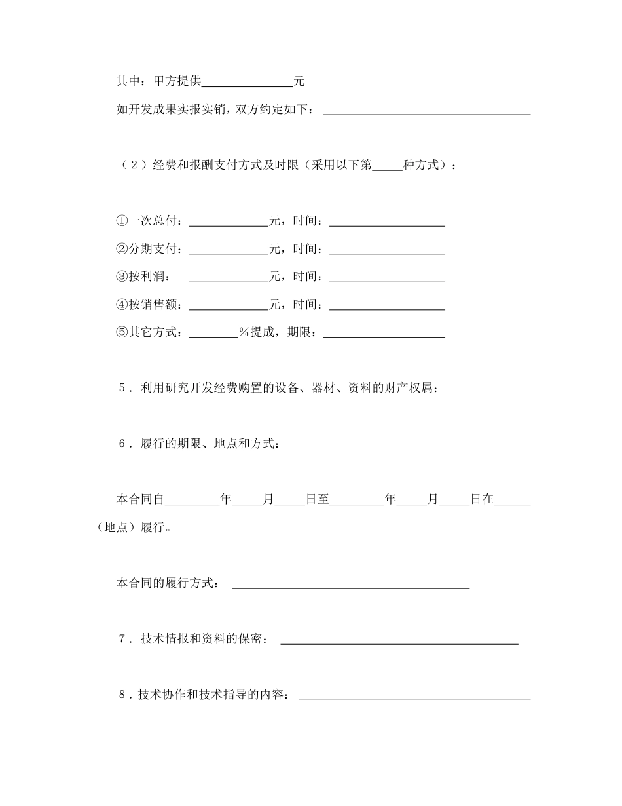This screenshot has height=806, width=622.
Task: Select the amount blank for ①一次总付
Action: click(x=229, y=221)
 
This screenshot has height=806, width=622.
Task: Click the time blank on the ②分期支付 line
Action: click(x=387, y=250)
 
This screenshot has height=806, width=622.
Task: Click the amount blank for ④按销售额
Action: click(x=229, y=305)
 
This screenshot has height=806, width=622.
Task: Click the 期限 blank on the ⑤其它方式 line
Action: click(x=384, y=333)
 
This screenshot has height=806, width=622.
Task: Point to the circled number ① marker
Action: click(x=121, y=221)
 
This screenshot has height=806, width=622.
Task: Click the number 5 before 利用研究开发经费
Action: click(x=122, y=388)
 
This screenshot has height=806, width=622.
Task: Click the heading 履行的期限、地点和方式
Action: click(x=210, y=444)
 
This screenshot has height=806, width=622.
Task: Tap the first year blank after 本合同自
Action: click(x=192, y=499)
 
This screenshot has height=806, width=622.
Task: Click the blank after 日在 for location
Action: click(x=512, y=499)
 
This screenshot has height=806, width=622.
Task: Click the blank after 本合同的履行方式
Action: click(x=351, y=584)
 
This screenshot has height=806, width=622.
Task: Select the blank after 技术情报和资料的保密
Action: click(x=399, y=640)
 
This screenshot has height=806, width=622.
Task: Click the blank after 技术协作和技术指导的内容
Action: click(x=414, y=695)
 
